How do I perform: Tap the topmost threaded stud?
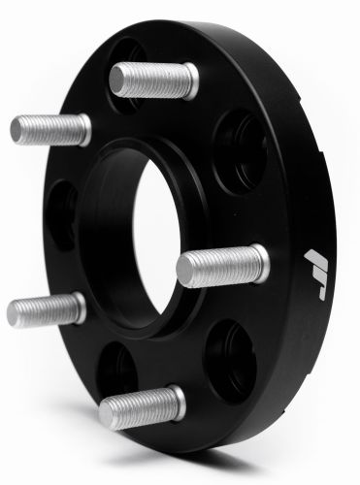pyautogui.click(x=152, y=80)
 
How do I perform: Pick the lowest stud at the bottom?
pyautogui.click(x=141, y=407)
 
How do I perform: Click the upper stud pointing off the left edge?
pyautogui.click(x=49, y=129)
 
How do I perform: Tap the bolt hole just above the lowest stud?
pyautogui.click(x=121, y=367)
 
